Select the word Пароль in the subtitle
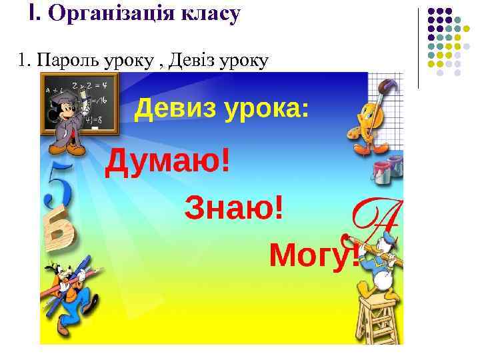click(x=67, y=61)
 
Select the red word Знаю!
click(x=233, y=209)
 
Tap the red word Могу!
click(x=313, y=253)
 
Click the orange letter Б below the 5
click(x=60, y=230)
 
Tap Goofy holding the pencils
click(x=67, y=293)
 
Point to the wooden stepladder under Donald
click(x=380, y=317)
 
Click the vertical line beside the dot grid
click(x=419, y=47)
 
